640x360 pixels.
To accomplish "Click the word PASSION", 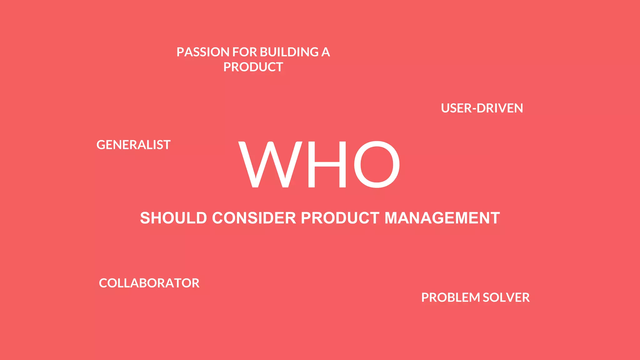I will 203,52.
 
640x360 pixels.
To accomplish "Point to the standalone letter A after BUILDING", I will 326,52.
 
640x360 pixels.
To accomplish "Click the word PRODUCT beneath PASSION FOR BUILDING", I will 253,67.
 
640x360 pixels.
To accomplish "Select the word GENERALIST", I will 133,145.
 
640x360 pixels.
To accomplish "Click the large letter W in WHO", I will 270,165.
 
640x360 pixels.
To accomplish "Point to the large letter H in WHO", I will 327,165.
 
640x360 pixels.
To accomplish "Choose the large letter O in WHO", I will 377,165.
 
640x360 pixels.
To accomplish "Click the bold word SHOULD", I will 173,218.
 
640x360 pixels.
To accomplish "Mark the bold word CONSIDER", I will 254,218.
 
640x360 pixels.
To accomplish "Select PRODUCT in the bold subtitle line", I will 340,218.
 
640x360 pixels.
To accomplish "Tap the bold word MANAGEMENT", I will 442,218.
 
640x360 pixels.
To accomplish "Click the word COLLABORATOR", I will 149,283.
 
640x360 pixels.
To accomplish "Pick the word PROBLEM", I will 450,297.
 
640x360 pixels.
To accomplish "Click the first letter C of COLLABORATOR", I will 103,283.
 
